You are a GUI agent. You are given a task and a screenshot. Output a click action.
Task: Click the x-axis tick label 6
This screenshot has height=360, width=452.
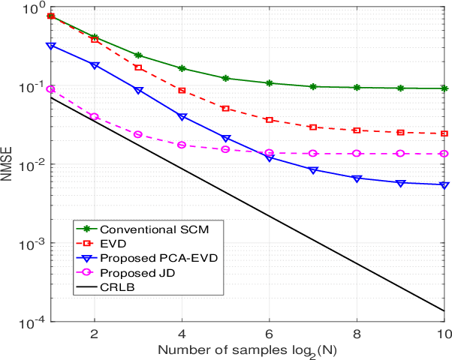coord(269,334)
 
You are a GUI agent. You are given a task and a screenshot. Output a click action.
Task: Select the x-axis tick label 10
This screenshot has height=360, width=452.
coord(444,334)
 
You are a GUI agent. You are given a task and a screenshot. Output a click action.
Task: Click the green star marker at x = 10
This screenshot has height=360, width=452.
coord(444,88)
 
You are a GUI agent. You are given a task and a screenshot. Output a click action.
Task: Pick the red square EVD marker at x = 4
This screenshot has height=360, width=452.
coord(182,90)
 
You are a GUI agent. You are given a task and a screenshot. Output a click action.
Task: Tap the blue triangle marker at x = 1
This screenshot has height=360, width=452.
coord(50,46)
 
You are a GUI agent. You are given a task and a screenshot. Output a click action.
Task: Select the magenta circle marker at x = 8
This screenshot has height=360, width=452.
coord(357,153)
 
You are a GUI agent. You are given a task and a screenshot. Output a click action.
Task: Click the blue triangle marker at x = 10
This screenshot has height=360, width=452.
coord(444,185)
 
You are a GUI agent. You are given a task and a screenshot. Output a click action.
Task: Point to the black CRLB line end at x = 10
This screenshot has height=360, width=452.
coord(444,310)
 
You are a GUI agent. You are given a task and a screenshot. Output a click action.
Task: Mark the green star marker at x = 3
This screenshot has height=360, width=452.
coord(138,55)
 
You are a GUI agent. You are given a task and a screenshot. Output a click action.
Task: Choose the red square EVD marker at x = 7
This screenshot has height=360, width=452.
coord(313,127)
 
